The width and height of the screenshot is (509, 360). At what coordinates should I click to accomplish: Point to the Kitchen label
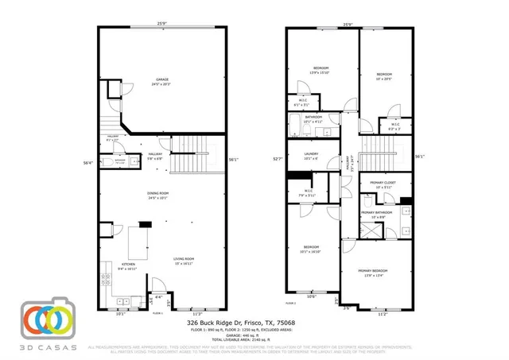click(128, 266)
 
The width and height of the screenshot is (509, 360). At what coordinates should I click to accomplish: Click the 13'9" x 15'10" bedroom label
click(322, 70)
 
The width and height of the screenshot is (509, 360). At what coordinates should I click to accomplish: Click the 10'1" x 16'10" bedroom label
click(310, 248)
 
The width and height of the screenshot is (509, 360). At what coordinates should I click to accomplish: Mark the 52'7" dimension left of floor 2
click(276, 159)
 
